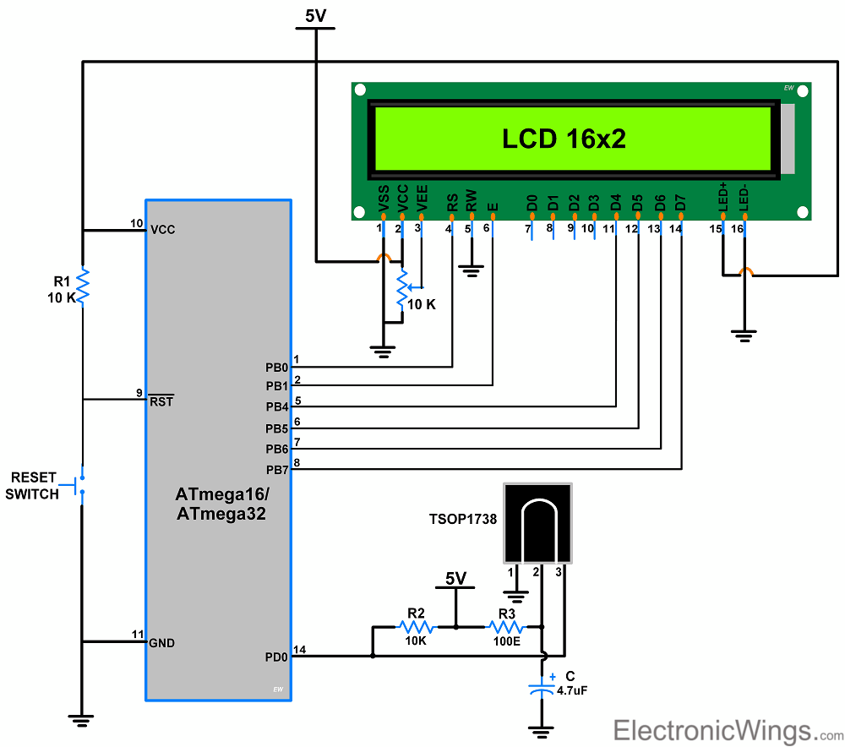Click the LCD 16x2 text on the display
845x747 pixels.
tap(564, 139)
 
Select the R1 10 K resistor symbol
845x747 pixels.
tap(83, 286)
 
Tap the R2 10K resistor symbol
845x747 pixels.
tap(416, 627)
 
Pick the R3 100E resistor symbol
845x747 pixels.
tap(506, 627)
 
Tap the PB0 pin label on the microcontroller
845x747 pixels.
tap(276, 368)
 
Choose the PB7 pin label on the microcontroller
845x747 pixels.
tap(276, 469)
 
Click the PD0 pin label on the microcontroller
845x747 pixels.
tap(276, 656)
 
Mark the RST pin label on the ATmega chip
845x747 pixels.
tap(161, 401)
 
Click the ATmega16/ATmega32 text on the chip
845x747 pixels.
tap(221, 503)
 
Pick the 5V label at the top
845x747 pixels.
tap(316, 15)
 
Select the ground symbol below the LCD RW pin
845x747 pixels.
tap(472, 270)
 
